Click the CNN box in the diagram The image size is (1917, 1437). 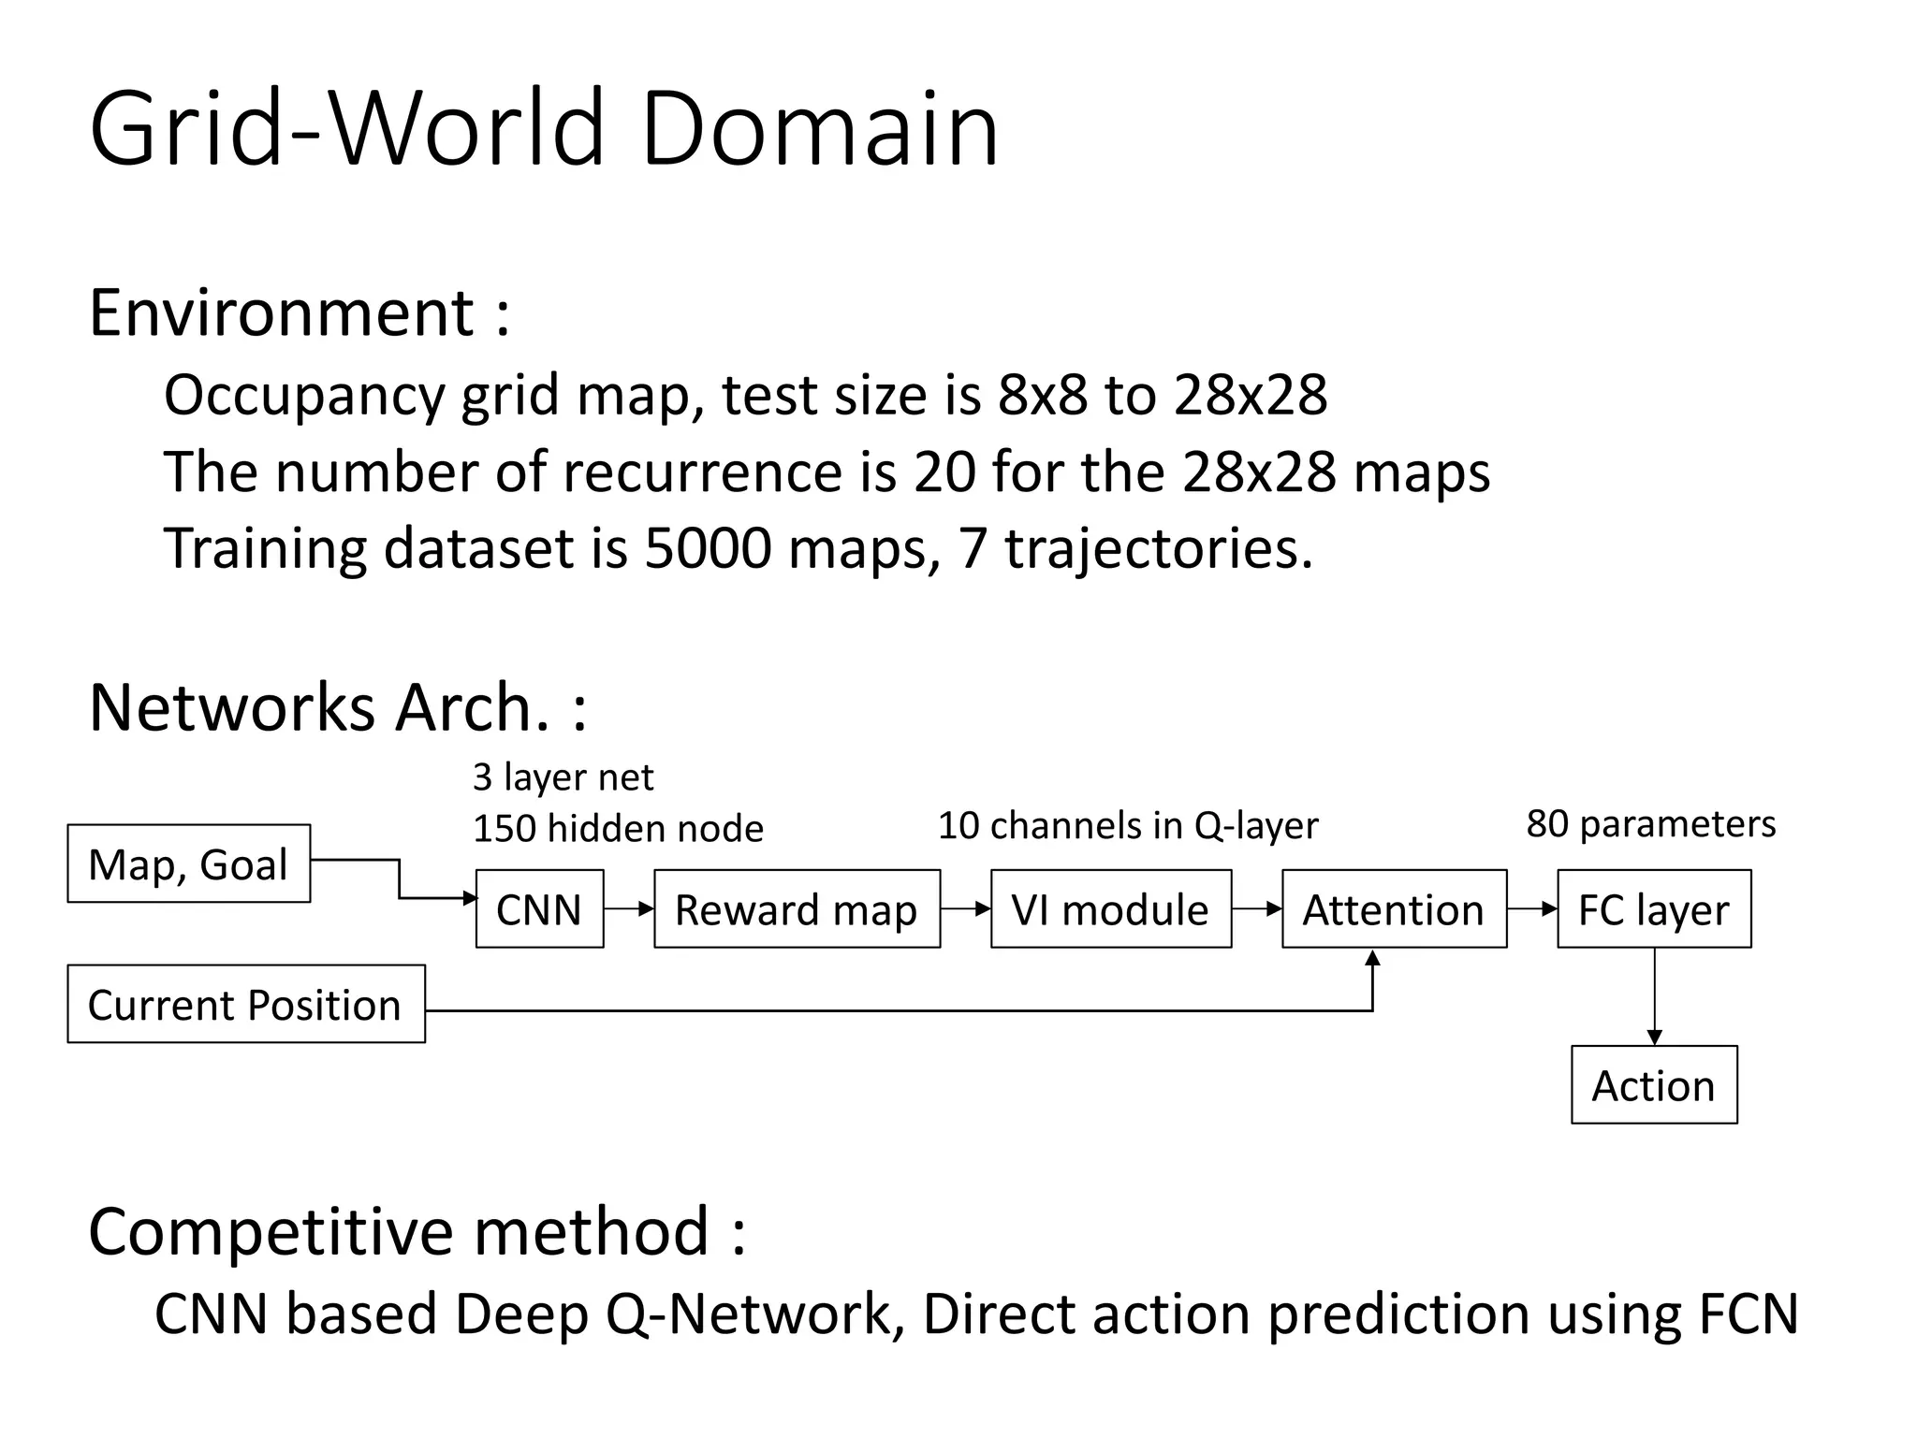[x=539, y=908]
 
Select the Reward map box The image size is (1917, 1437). [x=797, y=908]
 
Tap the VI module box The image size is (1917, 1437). [x=1110, y=908]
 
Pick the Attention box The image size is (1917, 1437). [x=1394, y=908]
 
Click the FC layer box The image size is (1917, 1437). [x=1654, y=908]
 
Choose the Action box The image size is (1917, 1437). [x=1654, y=1084]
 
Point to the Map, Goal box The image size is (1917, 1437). [x=188, y=863]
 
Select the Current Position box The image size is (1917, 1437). [x=245, y=1004]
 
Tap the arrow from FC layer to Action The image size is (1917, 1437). [x=1654, y=996]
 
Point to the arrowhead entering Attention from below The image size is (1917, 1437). [x=1372, y=958]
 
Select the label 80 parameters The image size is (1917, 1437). [x=1650, y=824]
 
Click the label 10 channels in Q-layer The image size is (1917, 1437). [x=1127, y=826]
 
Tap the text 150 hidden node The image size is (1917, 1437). [x=618, y=829]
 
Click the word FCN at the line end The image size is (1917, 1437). [x=1748, y=1314]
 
